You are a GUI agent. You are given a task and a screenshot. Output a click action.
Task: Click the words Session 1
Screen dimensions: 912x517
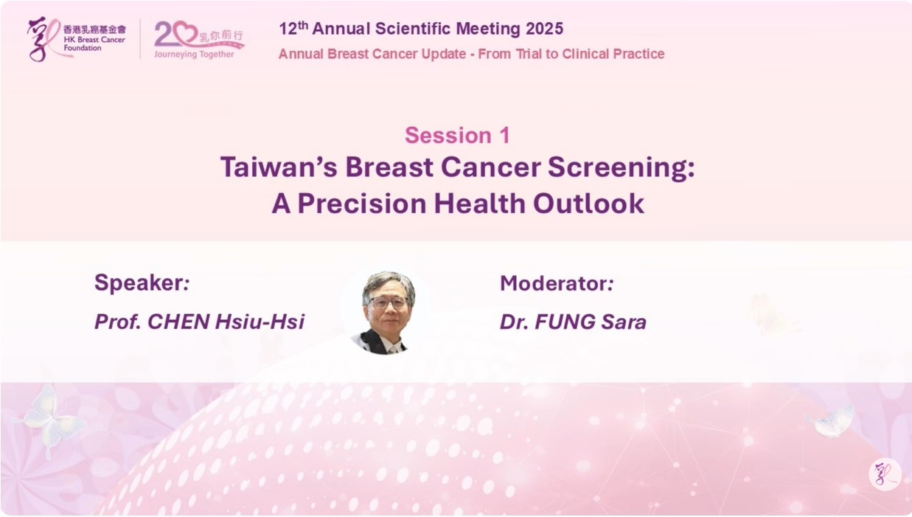(x=457, y=135)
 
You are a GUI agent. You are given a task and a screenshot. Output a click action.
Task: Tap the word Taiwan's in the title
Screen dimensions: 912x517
(x=279, y=167)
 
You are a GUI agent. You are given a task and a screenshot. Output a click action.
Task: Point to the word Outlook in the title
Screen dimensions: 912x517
(x=588, y=204)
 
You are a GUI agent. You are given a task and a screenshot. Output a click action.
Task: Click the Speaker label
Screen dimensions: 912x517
(x=142, y=283)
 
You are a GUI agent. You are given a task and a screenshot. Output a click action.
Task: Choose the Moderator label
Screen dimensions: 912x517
(x=557, y=283)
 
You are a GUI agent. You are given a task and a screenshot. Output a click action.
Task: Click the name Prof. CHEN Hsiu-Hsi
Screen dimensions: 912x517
(x=200, y=322)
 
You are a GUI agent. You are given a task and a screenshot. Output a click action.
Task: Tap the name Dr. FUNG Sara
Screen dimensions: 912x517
(x=573, y=322)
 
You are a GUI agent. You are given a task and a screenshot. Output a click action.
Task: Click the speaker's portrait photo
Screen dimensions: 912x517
(x=384, y=313)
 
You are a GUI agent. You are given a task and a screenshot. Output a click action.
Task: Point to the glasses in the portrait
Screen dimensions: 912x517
(x=388, y=302)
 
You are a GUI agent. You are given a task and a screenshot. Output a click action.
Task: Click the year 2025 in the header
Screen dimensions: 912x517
(x=544, y=29)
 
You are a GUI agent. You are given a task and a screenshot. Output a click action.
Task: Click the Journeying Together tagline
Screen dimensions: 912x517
(x=194, y=54)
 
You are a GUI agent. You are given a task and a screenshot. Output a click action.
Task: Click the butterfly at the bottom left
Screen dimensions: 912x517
(x=51, y=420)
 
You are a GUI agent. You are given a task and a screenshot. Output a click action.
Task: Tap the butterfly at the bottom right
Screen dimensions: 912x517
(x=831, y=421)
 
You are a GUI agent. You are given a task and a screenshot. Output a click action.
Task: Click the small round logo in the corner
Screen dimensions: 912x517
(x=885, y=473)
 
